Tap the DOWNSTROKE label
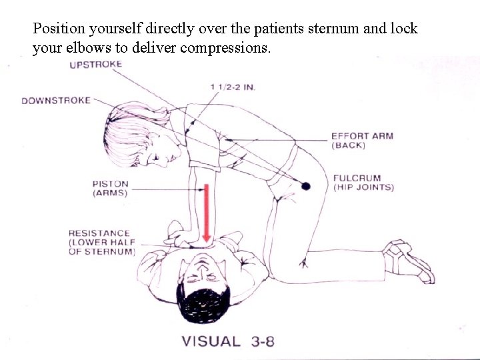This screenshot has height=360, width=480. [x=55, y=101]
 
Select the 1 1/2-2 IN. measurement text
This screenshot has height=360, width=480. [x=233, y=87]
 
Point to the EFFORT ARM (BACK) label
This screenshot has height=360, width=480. [x=362, y=140]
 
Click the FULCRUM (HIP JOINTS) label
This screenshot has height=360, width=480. [x=363, y=183]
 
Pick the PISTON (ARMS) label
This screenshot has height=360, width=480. [x=111, y=188]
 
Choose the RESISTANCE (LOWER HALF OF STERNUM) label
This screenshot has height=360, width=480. [x=102, y=242]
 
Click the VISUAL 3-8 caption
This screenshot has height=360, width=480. [x=229, y=341]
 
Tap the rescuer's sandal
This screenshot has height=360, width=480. [x=409, y=260]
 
